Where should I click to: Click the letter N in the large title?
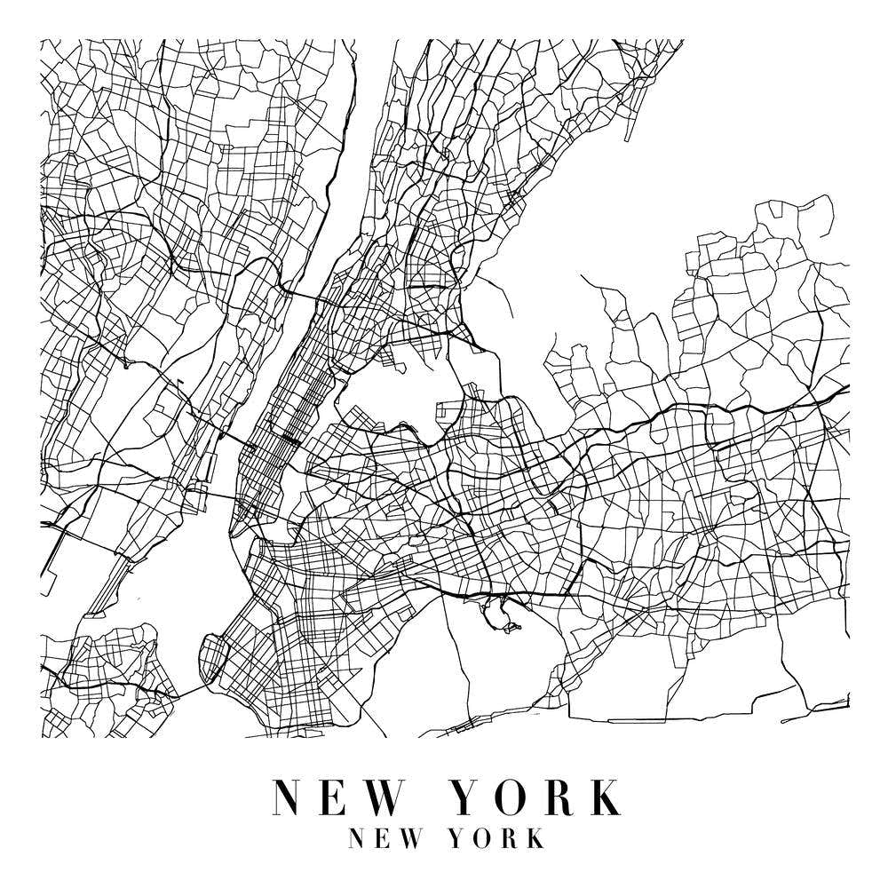point(290,797)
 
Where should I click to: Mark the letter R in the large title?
point(563,797)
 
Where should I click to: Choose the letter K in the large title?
point(605,797)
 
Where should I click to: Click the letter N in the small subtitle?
point(360,838)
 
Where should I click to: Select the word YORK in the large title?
point(537,797)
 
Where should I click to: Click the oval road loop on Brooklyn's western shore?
point(212,658)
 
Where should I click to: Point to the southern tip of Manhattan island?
point(234,534)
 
